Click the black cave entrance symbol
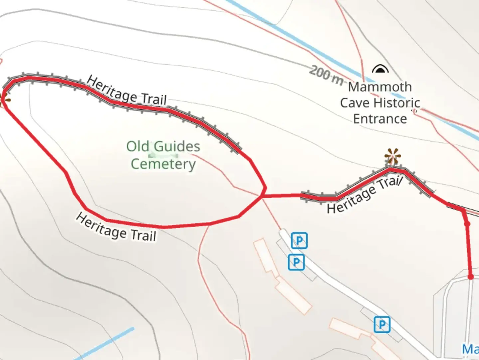click(x=380, y=69)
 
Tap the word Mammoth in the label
click(x=380, y=87)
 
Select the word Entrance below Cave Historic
click(x=380, y=119)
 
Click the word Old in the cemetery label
click(x=137, y=146)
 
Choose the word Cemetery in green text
click(x=163, y=164)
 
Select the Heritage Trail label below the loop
click(x=116, y=228)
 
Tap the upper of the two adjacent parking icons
click(x=299, y=241)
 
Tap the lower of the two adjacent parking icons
click(x=296, y=262)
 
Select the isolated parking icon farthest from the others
click(x=382, y=324)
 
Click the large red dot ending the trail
click(x=470, y=277)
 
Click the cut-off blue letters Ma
click(x=470, y=349)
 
